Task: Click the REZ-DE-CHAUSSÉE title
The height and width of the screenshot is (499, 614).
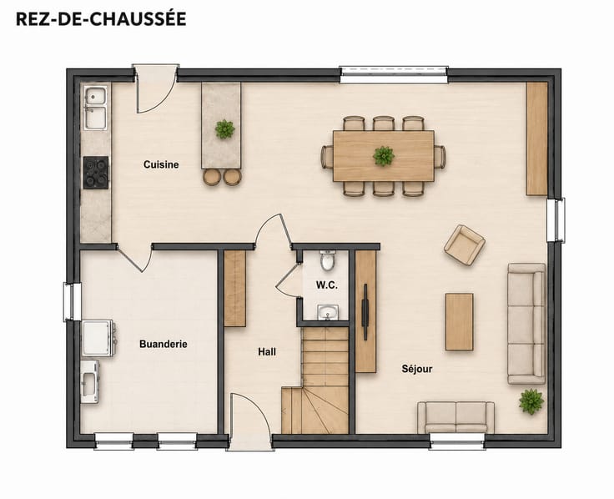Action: coord(101,19)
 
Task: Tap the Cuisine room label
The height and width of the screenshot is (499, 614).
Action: coord(161,164)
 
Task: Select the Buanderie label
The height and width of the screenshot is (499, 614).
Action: coord(164,345)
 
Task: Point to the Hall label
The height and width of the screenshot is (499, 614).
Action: coord(267,352)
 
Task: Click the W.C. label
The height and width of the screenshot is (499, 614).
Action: coord(326,285)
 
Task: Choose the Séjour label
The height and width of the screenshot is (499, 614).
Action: coord(417,369)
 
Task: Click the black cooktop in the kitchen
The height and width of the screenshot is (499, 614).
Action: coord(96,173)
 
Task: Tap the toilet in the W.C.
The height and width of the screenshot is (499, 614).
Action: coord(327,260)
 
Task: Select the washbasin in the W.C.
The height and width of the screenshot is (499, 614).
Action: coord(328,313)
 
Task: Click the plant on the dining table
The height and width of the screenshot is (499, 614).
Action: coord(384,156)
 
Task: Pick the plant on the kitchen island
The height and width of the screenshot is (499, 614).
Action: coord(224,129)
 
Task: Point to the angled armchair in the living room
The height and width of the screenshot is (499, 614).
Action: coord(465,244)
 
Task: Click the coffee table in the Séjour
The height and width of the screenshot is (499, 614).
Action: coord(460,321)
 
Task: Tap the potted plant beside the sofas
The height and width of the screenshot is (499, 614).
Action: coord(531,401)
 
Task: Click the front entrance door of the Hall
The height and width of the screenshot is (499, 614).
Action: coord(250,419)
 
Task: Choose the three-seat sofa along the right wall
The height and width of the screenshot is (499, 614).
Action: coord(526,324)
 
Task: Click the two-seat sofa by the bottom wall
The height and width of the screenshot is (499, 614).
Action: coord(455,417)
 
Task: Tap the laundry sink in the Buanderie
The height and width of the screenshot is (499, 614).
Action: coord(89,382)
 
